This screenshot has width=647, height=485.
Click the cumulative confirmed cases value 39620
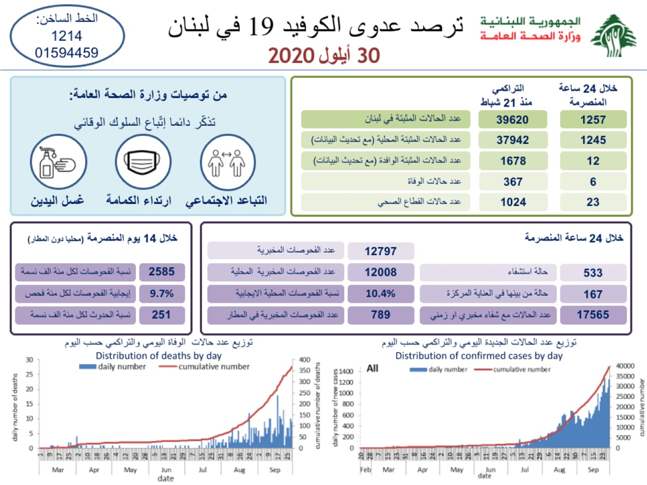[x=512, y=120]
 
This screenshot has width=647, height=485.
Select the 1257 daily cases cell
[x=593, y=120]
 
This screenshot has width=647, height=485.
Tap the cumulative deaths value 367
[x=512, y=182]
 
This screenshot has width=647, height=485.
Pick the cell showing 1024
[x=512, y=203]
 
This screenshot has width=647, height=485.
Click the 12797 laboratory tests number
[x=381, y=251]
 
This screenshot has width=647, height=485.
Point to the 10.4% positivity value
[x=381, y=294]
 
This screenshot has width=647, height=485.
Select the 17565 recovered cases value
[x=593, y=315]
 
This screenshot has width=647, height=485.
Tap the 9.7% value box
[x=162, y=294]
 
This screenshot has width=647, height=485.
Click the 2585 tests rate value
[x=162, y=272]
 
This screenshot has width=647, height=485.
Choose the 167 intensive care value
[x=593, y=294]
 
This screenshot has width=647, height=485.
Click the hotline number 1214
[x=67, y=36]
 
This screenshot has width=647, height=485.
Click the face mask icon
[x=143, y=161]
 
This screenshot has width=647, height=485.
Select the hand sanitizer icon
[x=57, y=161]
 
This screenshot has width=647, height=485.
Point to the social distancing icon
[x=226, y=161]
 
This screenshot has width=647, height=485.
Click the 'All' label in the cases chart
[x=373, y=369]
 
